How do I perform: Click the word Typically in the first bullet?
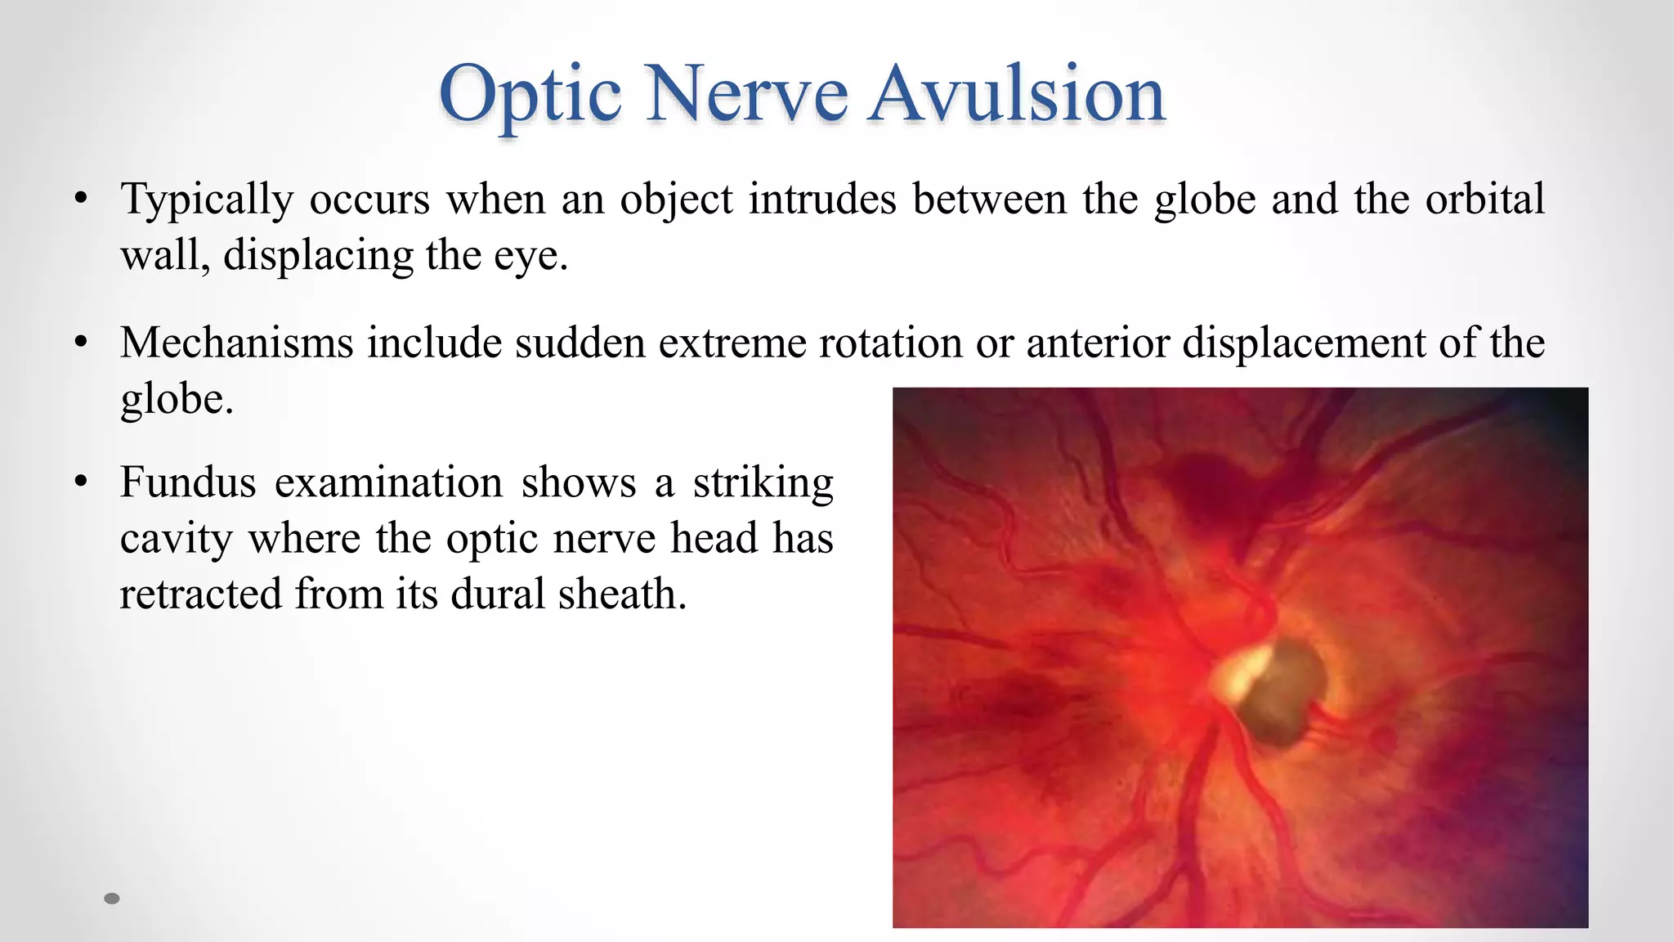pos(207,200)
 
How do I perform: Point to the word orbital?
pos(1484,199)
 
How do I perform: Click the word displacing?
pos(318,256)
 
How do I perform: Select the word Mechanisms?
pos(236,343)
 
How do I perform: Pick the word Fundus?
pos(188,482)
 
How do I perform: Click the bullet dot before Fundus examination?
pos(80,483)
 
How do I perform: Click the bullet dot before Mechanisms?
pos(80,343)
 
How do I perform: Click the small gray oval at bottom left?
pos(112,899)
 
